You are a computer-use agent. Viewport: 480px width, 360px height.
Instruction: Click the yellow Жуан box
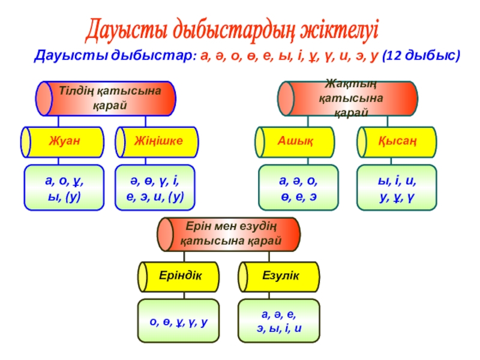[63, 142]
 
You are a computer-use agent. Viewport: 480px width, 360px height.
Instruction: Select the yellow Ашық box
[298, 142]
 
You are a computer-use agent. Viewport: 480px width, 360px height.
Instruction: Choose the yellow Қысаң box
[397, 142]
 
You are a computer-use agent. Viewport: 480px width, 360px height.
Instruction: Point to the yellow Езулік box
[279, 276]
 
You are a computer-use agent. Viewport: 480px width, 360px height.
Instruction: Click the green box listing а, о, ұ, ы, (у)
[63, 188]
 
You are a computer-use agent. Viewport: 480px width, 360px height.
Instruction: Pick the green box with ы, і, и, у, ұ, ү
[397, 188]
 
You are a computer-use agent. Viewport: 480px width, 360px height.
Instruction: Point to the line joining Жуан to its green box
[58, 161]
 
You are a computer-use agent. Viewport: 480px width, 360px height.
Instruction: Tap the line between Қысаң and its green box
[395, 161]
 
